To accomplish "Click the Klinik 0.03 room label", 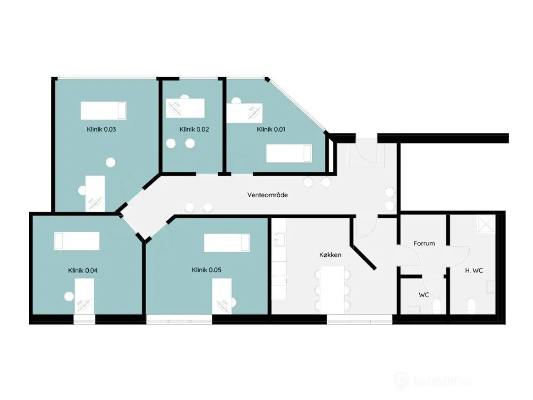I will pyautogui.click(x=101, y=129).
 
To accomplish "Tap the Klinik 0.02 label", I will pyautogui.click(x=194, y=129).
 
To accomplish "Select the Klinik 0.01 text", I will pyautogui.click(x=271, y=129).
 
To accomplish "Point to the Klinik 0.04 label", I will pyautogui.click(x=83, y=270).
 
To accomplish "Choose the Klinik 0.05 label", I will pyautogui.click(x=207, y=270).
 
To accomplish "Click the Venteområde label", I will pyautogui.click(x=267, y=195).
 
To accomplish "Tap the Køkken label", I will pyautogui.click(x=330, y=255).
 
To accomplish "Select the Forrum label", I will pyautogui.click(x=424, y=243).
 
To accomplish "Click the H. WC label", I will pyautogui.click(x=474, y=270).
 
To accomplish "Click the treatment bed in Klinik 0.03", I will pyautogui.click(x=103, y=110).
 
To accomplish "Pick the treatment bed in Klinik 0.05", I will pyautogui.click(x=227, y=243).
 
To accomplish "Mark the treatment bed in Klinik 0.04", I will pyautogui.click(x=77, y=241).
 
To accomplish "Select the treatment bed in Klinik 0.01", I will pyautogui.click(x=289, y=153).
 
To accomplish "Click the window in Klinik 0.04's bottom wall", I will pyautogui.click(x=85, y=320).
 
